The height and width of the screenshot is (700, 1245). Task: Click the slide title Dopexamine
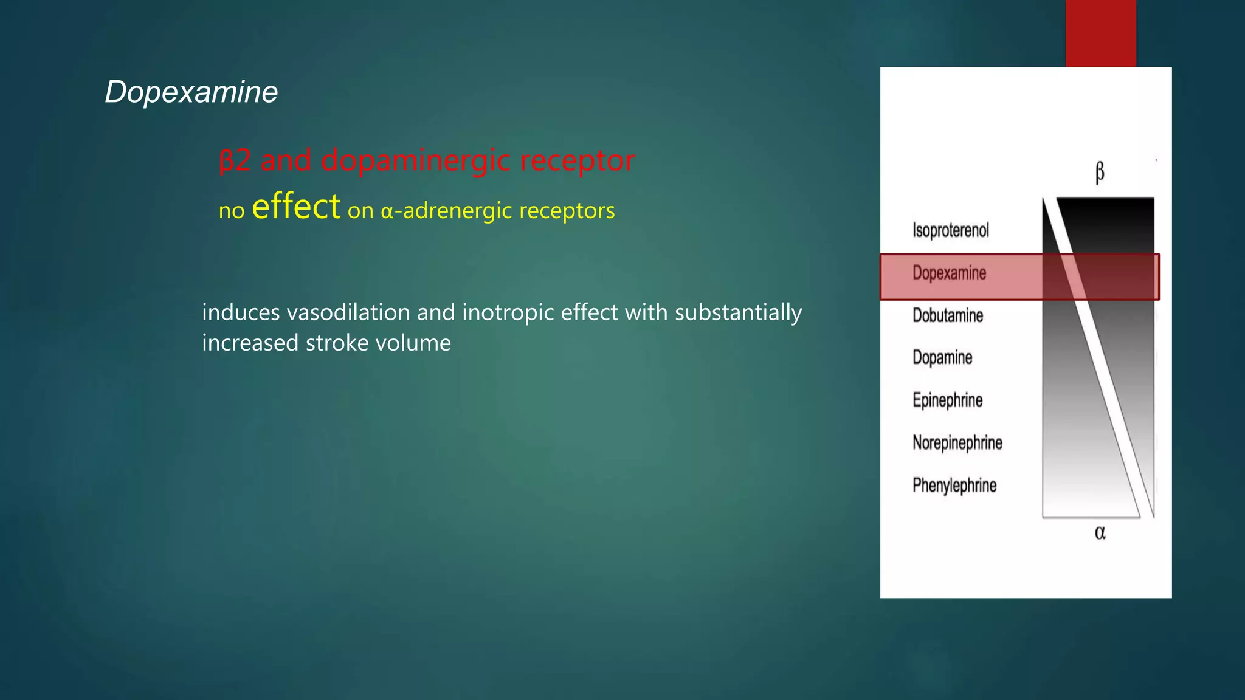pos(191,92)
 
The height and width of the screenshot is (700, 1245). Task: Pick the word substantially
pos(738,312)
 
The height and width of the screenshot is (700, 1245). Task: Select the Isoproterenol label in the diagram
pos(950,230)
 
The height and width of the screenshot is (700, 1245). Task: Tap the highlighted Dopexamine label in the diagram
pos(949,273)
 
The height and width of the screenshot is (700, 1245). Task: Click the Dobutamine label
pos(947,315)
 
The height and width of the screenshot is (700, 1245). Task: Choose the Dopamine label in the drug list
pos(942,358)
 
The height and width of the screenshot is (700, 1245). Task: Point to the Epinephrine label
pos(947,400)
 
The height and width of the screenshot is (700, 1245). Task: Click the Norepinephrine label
pos(957,443)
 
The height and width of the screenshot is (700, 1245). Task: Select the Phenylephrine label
pos(954,486)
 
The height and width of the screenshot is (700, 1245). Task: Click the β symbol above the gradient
pos(1100,173)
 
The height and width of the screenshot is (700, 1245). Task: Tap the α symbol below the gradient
pos(1100,533)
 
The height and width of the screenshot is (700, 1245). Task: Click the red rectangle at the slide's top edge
pos(1100,33)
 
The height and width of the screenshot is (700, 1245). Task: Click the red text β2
pos(235,161)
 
